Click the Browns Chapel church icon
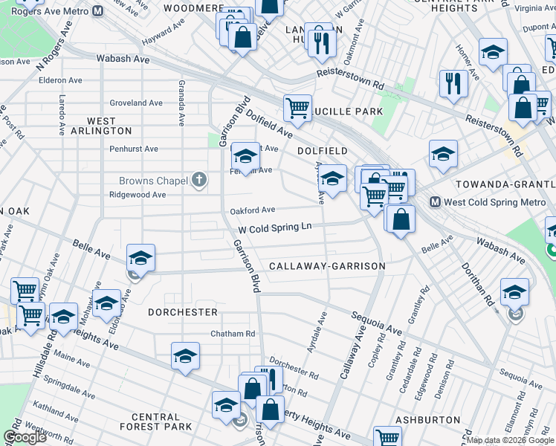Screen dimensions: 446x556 click(x=198, y=180)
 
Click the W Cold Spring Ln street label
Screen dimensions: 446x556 click(x=274, y=228)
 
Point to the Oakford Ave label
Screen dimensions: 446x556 click(x=253, y=210)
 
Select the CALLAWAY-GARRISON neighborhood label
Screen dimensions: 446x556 click(x=327, y=266)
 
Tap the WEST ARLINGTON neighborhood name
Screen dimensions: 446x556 click(x=101, y=126)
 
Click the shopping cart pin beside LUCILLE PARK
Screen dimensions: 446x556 click(x=297, y=109)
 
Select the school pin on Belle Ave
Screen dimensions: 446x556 click(x=140, y=259)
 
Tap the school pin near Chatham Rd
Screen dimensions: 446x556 click(x=185, y=356)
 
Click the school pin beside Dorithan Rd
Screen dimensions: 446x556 click(x=514, y=292)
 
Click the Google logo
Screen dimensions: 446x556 click(x=25, y=438)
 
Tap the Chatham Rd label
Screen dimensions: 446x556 click(x=233, y=334)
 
